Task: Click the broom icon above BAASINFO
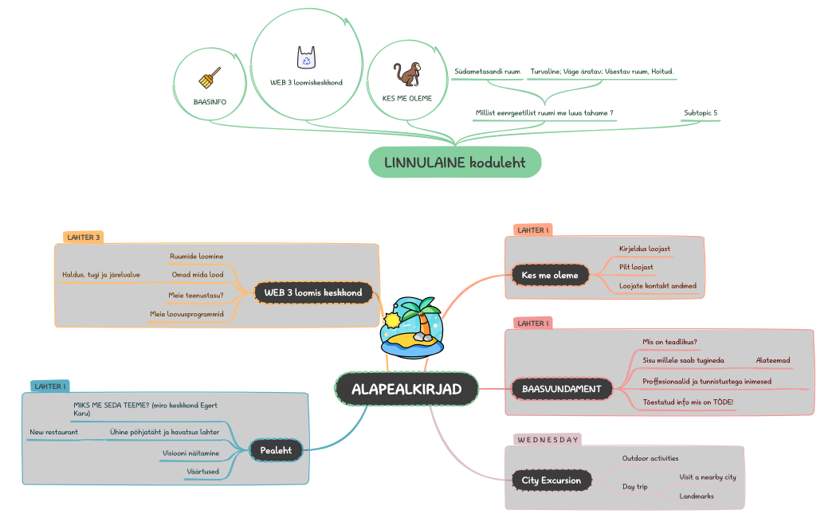(x=210, y=77)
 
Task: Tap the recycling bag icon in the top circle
(x=307, y=57)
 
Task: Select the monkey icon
(x=407, y=75)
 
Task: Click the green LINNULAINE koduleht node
(x=454, y=163)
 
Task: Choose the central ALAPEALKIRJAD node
(x=406, y=389)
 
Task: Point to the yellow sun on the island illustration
(x=392, y=320)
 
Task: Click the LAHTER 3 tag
(x=83, y=237)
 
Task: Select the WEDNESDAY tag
(x=547, y=439)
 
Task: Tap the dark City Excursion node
(x=551, y=481)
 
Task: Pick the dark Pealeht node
(x=276, y=450)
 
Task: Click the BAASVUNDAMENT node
(x=561, y=389)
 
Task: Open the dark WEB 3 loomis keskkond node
(x=313, y=292)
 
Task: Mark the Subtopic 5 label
(x=701, y=113)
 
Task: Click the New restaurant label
(x=53, y=432)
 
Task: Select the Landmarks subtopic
(x=697, y=496)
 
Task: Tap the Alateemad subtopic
(x=773, y=360)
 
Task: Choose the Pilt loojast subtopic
(x=636, y=267)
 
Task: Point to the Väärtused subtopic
(x=202, y=472)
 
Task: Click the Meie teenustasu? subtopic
(x=196, y=294)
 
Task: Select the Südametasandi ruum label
(x=487, y=72)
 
